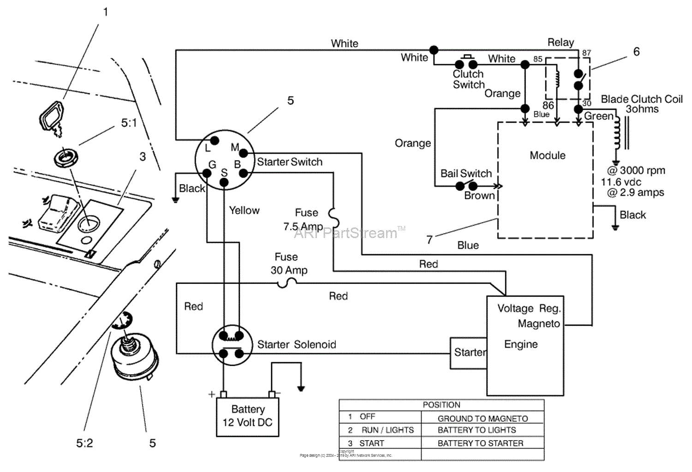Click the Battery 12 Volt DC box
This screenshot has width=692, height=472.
point(248,416)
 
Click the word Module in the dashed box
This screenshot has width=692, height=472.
point(547,155)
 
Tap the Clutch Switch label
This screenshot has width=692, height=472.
point(468,79)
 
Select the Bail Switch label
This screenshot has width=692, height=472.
point(466,173)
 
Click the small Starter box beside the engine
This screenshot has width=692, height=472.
point(469,353)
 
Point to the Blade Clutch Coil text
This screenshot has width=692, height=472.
point(641,100)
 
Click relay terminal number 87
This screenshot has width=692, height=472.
point(586,53)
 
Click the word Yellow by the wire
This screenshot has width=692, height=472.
point(244,210)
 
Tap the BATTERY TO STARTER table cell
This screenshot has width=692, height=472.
point(480,443)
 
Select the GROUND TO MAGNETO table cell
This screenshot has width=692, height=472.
point(483,418)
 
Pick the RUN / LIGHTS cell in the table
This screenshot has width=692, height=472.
point(388,430)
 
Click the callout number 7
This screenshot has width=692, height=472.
point(430,239)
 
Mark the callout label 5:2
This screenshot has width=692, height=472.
point(84,443)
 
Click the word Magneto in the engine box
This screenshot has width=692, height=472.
point(538,324)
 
